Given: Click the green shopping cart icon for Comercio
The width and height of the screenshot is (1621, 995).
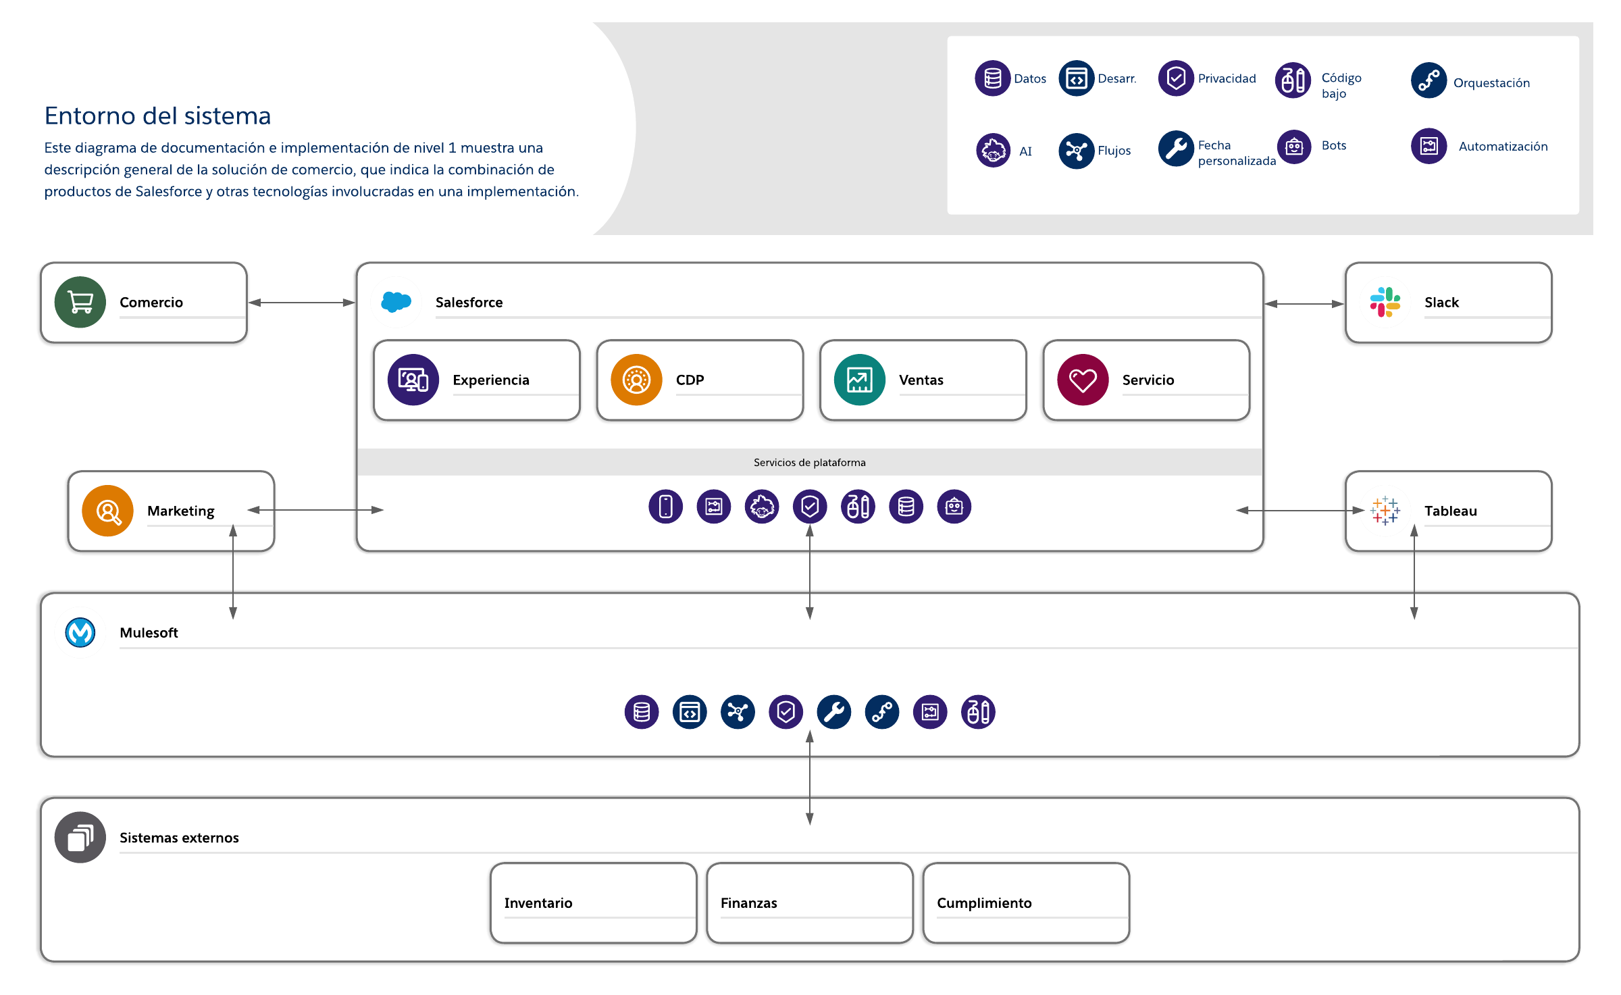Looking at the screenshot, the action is (80, 302).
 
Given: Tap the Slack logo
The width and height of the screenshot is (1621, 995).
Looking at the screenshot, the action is (1385, 302).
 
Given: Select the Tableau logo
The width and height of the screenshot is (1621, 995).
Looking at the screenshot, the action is (1385, 511).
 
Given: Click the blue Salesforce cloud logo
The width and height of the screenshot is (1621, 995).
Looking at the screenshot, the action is (396, 301).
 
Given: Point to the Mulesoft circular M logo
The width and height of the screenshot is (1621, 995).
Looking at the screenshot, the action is (80, 632).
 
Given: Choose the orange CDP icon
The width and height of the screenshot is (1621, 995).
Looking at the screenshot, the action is (636, 380).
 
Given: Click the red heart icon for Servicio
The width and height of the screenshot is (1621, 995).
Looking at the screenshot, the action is (1083, 380).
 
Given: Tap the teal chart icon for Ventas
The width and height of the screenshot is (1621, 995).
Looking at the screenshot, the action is (860, 380).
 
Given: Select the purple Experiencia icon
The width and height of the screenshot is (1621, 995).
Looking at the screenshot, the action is (413, 380).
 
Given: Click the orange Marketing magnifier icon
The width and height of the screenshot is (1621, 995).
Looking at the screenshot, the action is (107, 511).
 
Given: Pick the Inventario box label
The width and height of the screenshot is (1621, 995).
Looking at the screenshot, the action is (538, 903).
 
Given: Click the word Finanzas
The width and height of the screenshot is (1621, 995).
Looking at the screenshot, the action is (749, 903).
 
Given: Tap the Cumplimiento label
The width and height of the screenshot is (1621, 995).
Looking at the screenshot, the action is (984, 903).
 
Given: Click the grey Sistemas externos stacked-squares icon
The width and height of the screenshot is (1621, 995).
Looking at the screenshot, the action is (80, 837).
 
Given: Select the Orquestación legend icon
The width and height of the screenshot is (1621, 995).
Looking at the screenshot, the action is (1429, 80).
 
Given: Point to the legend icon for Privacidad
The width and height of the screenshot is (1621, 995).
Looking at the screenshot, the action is (1176, 78).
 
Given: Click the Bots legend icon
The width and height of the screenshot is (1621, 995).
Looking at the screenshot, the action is (1294, 146).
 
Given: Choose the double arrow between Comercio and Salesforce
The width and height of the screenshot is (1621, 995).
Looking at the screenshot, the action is (301, 303).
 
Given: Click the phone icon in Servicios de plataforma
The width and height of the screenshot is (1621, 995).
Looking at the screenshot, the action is (665, 507).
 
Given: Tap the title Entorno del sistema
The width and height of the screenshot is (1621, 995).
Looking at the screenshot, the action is (157, 116).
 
